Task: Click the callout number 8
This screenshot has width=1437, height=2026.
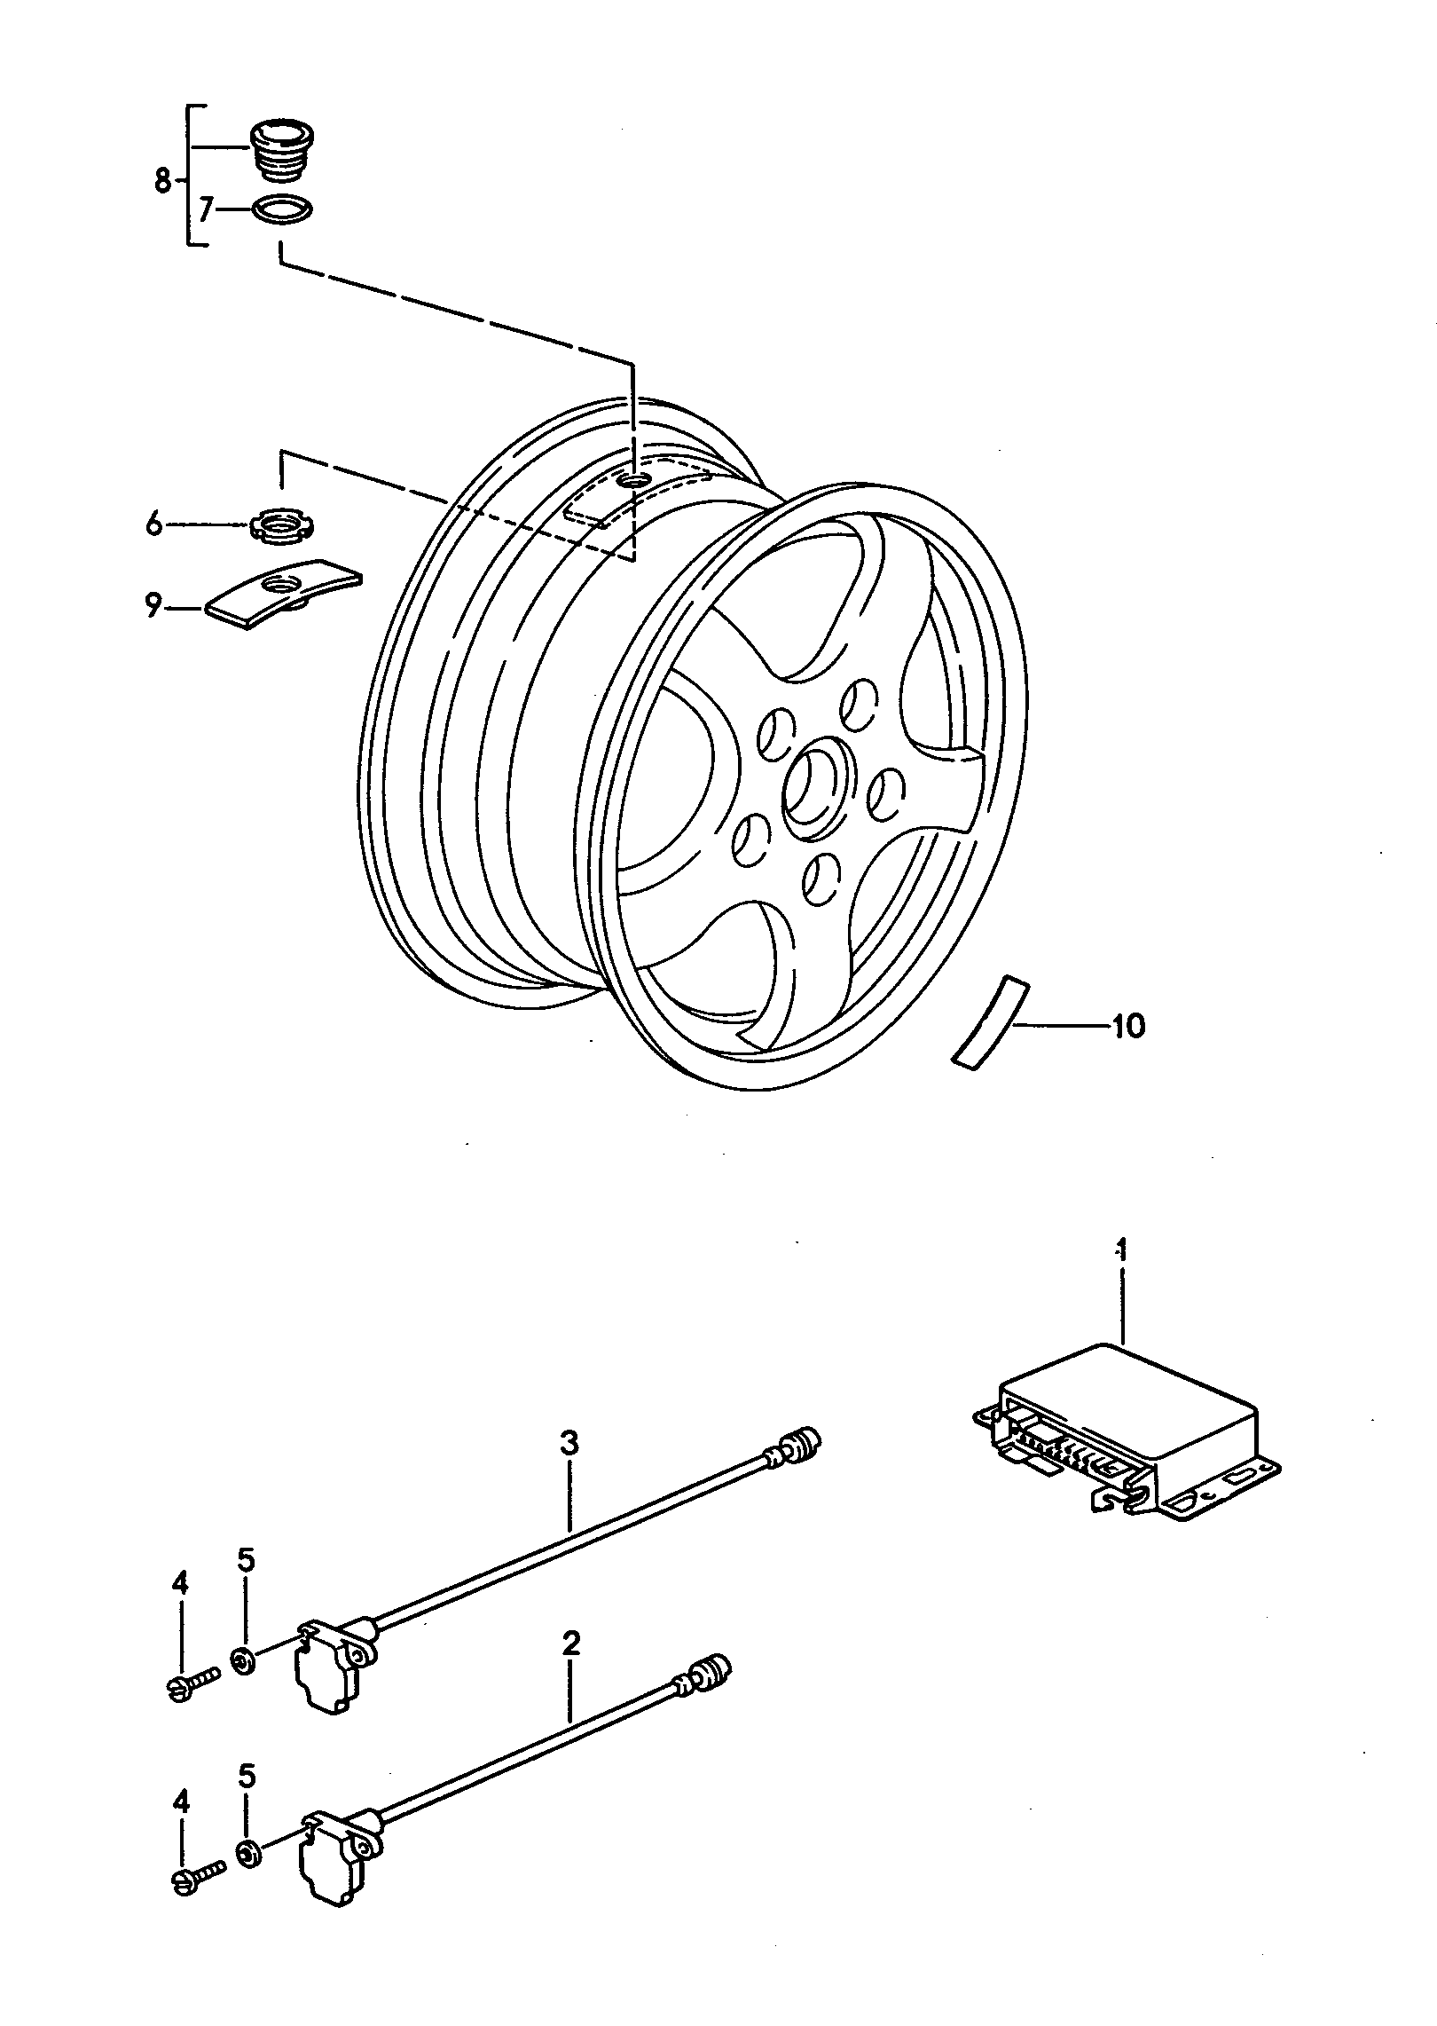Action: pyautogui.click(x=161, y=182)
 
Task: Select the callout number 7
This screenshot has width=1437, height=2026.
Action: pyautogui.click(x=206, y=210)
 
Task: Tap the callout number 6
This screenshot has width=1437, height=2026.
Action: pyautogui.click(x=154, y=526)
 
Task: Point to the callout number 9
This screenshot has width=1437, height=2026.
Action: pyautogui.click(x=153, y=607)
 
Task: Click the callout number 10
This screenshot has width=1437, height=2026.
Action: pyautogui.click(x=1128, y=1027)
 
